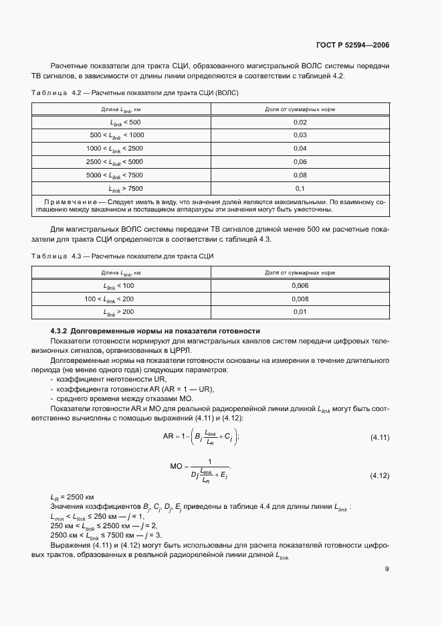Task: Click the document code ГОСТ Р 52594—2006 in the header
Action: tap(352, 46)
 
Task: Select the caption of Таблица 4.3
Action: tap(124, 256)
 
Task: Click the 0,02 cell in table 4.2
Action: tap(300, 122)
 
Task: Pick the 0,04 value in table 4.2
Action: tap(300, 148)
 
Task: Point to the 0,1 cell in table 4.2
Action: tap(300, 187)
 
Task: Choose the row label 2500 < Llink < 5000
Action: tap(114, 161)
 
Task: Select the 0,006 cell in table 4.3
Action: tap(300, 286)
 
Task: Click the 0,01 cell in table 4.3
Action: tap(300, 312)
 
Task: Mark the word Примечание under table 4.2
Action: tap(69, 201)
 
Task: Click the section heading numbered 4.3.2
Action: tap(155, 331)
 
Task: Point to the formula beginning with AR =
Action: tap(201, 437)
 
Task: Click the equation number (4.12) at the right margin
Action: tap(380, 475)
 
